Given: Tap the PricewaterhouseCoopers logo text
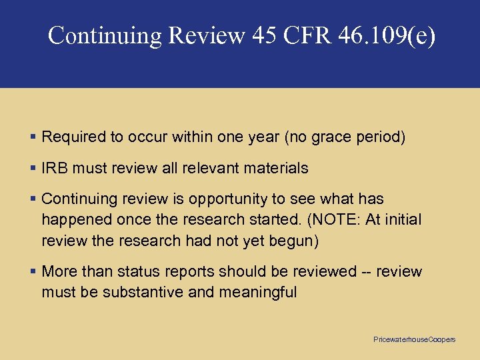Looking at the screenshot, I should pyautogui.click(x=414, y=339).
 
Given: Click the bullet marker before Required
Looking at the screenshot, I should pyautogui.click(x=34, y=137).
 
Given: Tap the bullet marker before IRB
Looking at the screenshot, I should pyautogui.click(x=34, y=168).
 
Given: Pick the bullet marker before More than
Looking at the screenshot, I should pyautogui.click(x=34, y=271).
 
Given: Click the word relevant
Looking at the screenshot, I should pyautogui.click(x=219, y=168).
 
